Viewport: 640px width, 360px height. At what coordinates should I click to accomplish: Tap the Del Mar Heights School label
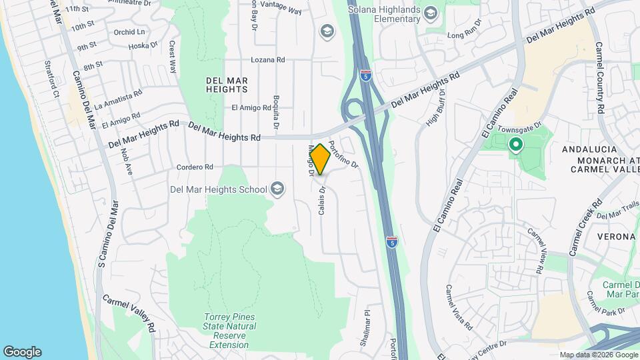(218, 189)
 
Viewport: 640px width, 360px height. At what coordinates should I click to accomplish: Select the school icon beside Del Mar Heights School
(277, 190)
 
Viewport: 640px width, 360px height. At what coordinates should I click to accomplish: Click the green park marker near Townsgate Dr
(515, 144)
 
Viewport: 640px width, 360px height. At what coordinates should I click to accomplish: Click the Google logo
(22, 351)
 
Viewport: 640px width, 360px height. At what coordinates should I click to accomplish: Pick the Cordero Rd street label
(195, 167)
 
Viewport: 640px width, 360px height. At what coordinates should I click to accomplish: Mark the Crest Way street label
(173, 57)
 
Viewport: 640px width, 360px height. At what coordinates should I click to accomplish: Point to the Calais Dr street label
(321, 199)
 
